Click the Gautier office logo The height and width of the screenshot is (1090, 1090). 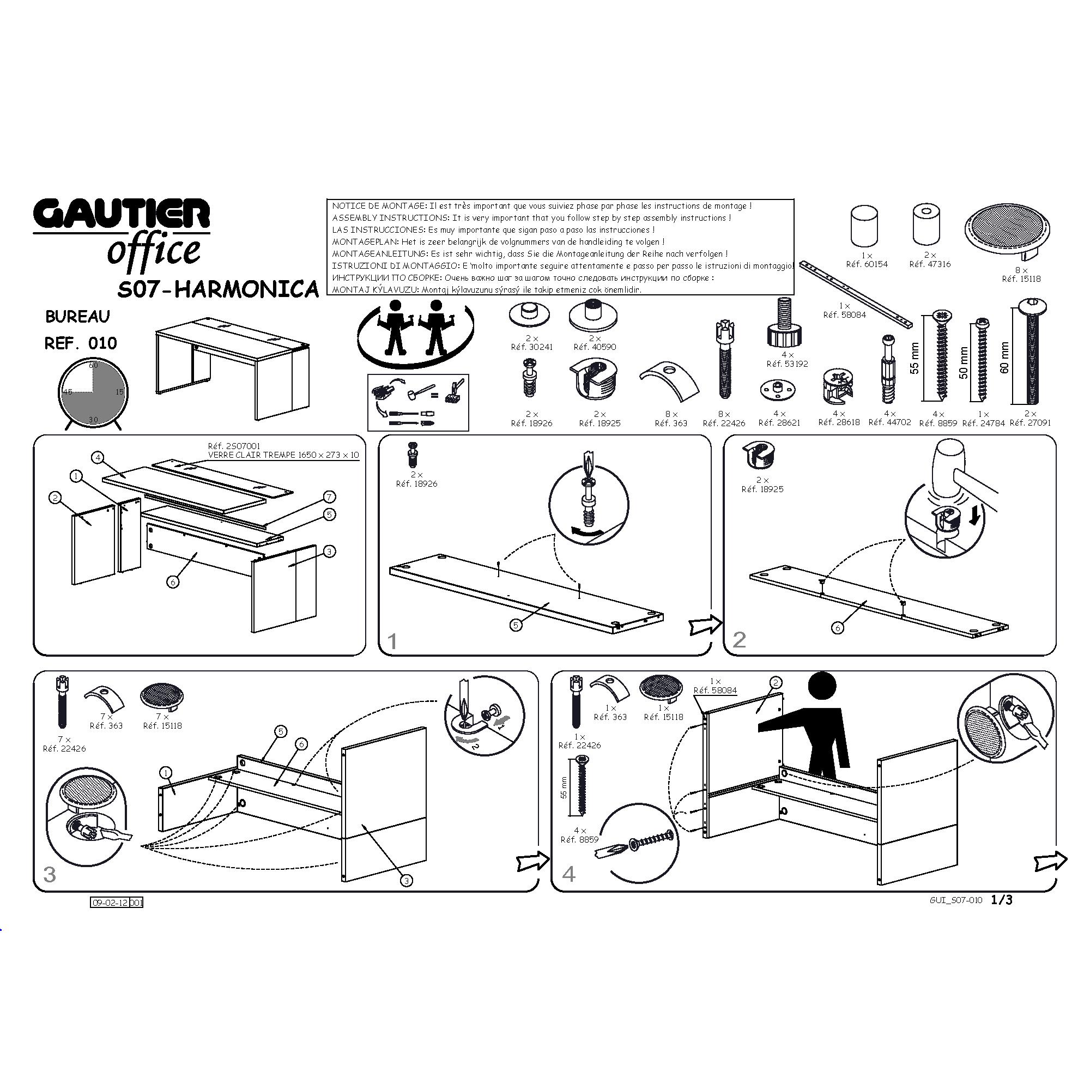pyautogui.click(x=122, y=231)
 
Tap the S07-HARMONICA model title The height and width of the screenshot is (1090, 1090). pyautogui.click(x=219, y=289)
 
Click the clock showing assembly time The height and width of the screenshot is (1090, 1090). pyautogui.click(x=93, y=392)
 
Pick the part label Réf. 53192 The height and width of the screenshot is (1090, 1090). pyautogui.click(x=787, y=364)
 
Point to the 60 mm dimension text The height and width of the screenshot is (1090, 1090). pyautogui.click(x=1004, y=358)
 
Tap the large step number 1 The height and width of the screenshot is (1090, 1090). pyautogui.click(x=392, y=641)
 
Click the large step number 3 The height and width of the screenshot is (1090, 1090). pyautogui.click(x=50, y=875)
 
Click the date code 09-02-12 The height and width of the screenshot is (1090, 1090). pyautogui.click(x=110, y=903)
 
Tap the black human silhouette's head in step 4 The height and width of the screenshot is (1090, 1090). pyautogui.click(x=822, y=688)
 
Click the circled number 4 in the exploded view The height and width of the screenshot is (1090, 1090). pyautogui.click(x=98, y=457)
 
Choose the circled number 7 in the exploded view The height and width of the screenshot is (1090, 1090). pyautogui.click(x=330, y=496)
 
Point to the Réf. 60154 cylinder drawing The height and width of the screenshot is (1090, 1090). pyautogui.click(x=864, y=226)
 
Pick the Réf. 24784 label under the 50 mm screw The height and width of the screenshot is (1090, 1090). pyautogui.click(x=983, y=423)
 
